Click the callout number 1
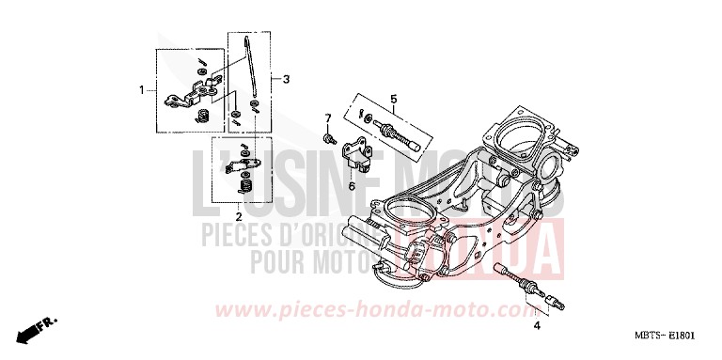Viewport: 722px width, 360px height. point(142,89)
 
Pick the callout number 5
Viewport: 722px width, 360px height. point(394,99)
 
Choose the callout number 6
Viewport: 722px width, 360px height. point(352,187)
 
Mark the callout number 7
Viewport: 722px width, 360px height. point(328,118)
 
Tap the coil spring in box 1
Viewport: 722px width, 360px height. point(200,116)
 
